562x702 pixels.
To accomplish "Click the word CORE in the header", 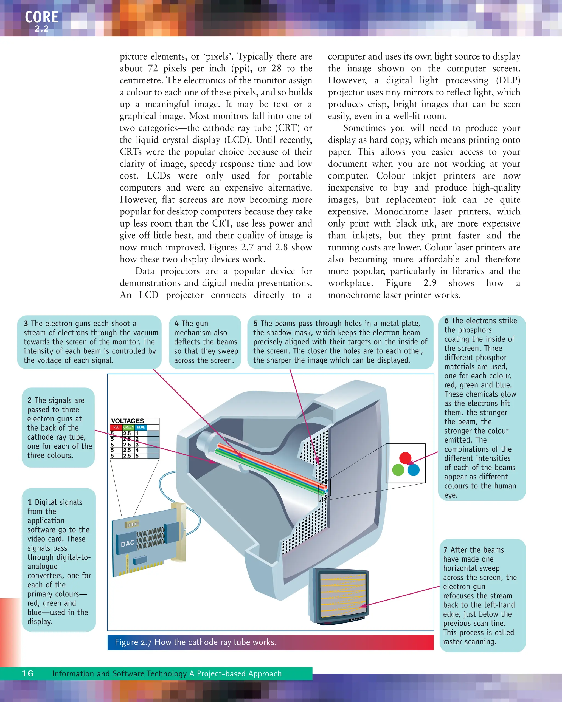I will pyautogui.click(x=42, y=17).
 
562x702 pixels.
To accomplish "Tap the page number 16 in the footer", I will pyautogui.click(x=28, y=673).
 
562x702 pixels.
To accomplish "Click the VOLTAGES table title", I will pyautogui.click(x=127, y=421).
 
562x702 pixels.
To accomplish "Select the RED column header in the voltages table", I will pyautogui.click(x=116, y=427).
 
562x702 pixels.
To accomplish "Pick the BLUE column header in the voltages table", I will pyautogui.click(x=141, y=427).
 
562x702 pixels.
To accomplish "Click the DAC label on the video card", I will pyautogui.click(x=128, y=544).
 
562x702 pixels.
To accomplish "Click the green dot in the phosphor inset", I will pyautogui.click(x=398, y=470).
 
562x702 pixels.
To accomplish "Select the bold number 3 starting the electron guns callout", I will pyautogui.click(x=26, y=324).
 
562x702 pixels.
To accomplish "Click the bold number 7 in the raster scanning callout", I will pyautogui.click(x=445, y=550).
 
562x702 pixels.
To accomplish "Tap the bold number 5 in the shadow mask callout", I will pyautogui.click(x=255, y=324).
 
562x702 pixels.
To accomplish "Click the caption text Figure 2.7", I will pyautogui.click(x=133, y=642).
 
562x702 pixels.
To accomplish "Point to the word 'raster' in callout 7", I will pyautogui.click(x=454, y=642).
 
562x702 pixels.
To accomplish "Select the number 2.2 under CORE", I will pyautogui.click(x=42, y=29).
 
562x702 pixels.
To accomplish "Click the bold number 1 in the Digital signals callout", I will pyautogui.click(x=30, y=502).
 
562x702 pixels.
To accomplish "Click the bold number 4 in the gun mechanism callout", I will pyautogui.click(x=176, y=324).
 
